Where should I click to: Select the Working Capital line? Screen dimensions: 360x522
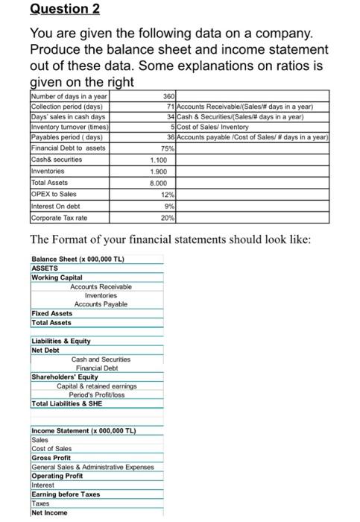[x=57, y=277]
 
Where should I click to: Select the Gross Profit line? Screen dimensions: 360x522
[x=51, y=459]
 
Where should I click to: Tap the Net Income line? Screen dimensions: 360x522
[x=49, y=512]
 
